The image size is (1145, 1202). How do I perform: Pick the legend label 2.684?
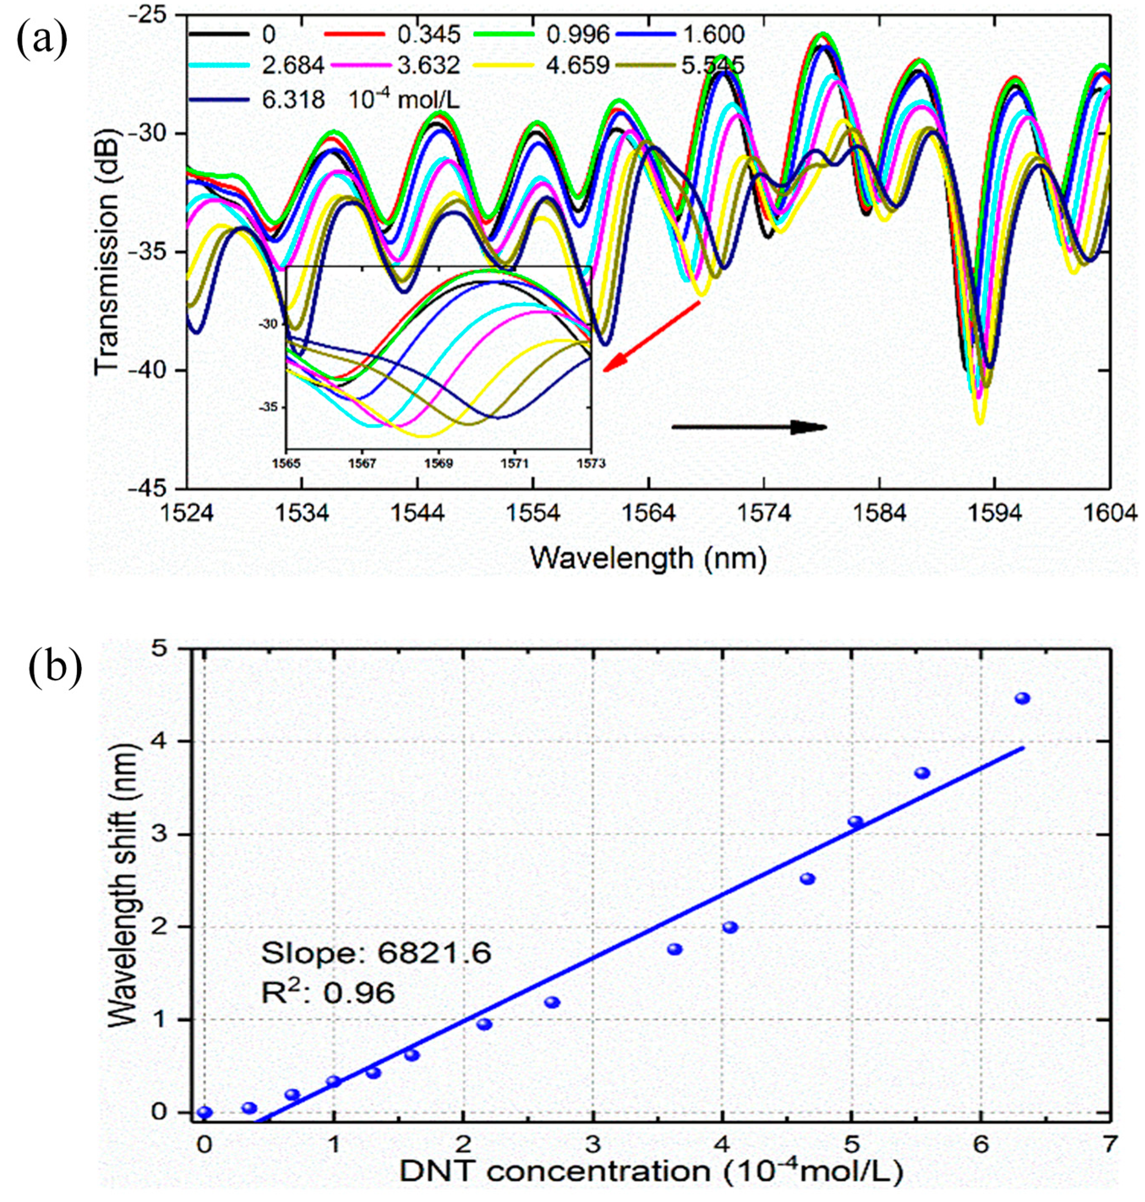(x=292, y=65)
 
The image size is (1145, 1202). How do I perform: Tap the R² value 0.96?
(x=359, y=993)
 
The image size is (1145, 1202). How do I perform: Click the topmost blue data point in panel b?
(x=1022, y=698)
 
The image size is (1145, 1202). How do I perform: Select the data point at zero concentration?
(x=205, y=1112)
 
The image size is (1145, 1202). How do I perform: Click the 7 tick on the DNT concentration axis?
(x=1110, y=1143)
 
